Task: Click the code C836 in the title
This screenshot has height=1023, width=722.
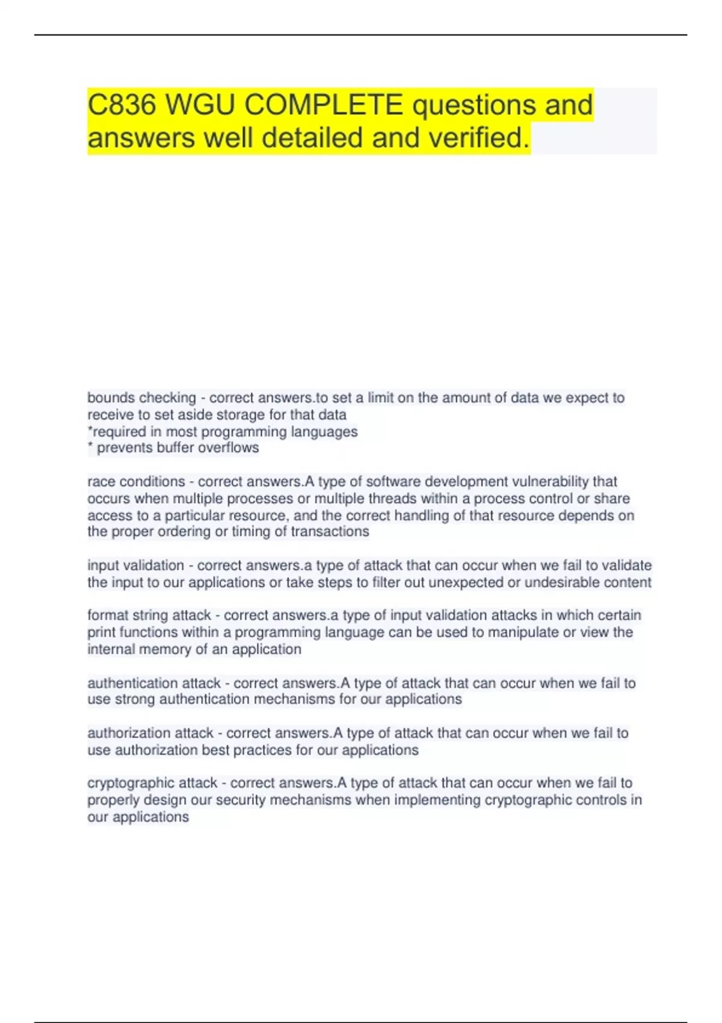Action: point(122,105)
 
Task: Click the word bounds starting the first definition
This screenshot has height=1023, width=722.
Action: point(111,398)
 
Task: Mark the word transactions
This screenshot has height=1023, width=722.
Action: point(330,531)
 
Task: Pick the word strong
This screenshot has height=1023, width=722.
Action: point(135,699)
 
